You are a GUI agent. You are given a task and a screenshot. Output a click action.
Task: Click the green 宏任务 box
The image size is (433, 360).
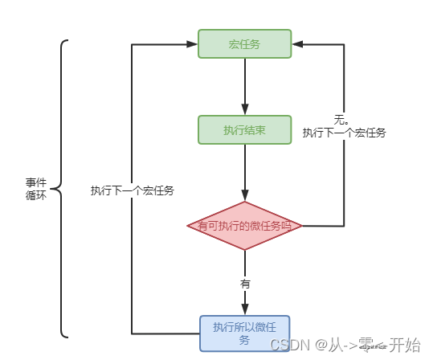point(244,44)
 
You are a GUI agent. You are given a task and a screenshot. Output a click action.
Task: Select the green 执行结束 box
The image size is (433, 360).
point(244,129)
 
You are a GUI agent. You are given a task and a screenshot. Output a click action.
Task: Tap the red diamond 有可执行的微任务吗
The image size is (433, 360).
point(244,226)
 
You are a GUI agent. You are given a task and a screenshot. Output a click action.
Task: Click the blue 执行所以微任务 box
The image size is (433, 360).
point(244,333)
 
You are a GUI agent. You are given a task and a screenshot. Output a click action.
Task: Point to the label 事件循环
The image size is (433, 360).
point(36,189)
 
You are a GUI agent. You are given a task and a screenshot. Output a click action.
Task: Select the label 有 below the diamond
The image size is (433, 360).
point(244,284)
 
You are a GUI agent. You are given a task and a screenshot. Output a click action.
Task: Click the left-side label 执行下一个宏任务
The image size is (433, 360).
point(133,191)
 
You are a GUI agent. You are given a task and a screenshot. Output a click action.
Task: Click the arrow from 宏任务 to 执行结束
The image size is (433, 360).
point(244,84)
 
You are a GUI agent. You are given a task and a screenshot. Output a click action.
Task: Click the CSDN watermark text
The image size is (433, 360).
point(285,345)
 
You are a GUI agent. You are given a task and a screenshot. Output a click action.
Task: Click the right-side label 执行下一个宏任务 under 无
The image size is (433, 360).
point(344,133)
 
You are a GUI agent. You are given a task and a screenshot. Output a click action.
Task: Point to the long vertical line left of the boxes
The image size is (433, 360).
point(132,257)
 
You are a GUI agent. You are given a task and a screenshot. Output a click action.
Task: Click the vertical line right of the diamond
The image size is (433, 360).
point(344,185)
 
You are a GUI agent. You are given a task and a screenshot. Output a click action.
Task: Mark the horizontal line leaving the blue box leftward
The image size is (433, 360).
point(165,333)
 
